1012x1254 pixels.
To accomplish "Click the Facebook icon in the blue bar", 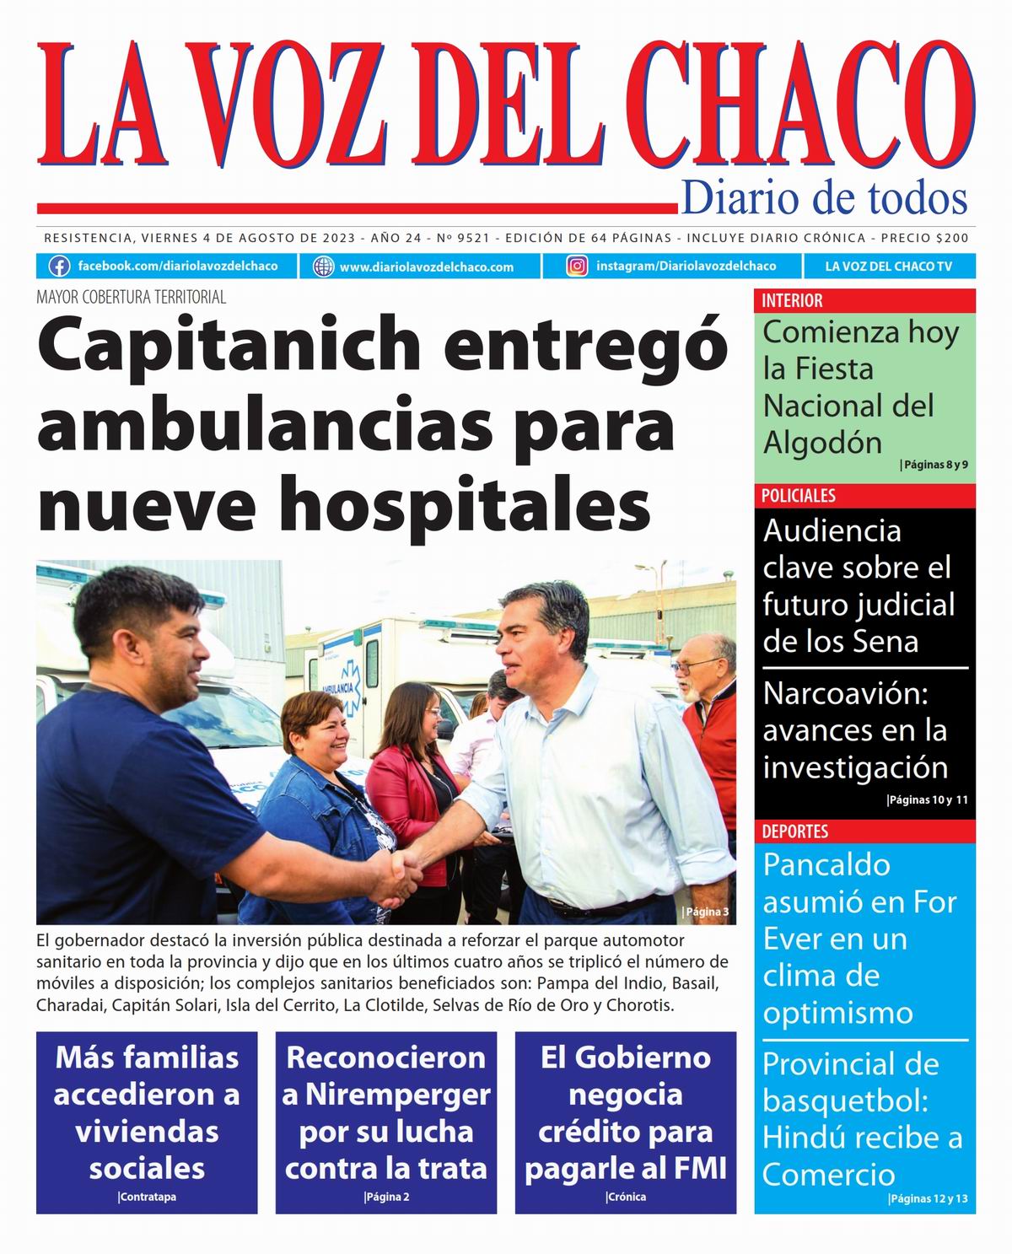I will click(59, 266).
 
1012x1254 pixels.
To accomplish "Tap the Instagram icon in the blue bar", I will click(577, 266).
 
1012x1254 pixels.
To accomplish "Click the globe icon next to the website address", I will click(323, 266).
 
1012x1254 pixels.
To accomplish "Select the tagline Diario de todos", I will click(823, 198).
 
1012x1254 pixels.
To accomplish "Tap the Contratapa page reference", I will click(148, 1197).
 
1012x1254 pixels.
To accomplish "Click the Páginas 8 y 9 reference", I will click(934, 465).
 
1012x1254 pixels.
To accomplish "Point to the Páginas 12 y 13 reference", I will click(929, 1198).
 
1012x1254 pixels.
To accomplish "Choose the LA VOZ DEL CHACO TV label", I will click(888, 266).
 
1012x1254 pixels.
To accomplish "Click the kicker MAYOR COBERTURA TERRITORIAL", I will click(131, 297).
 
